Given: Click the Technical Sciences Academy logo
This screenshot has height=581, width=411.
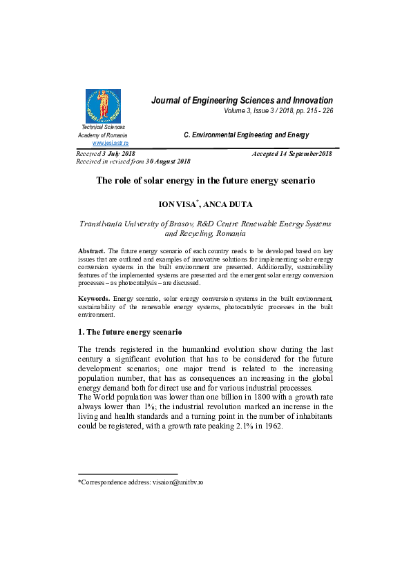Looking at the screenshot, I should [103, 106].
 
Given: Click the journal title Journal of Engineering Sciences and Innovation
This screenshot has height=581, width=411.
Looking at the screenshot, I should [242, 101].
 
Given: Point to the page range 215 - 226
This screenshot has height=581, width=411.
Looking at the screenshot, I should [317, 111].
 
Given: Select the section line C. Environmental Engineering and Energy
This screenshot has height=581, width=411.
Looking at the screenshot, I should [246, 135].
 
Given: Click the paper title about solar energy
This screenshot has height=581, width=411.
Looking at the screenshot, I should [205, 181].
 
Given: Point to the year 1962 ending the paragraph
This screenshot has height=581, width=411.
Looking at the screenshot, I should [274, 426].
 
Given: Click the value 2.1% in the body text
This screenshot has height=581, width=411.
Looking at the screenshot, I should [243, 426].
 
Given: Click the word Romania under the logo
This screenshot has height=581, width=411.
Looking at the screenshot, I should [115, 135].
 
